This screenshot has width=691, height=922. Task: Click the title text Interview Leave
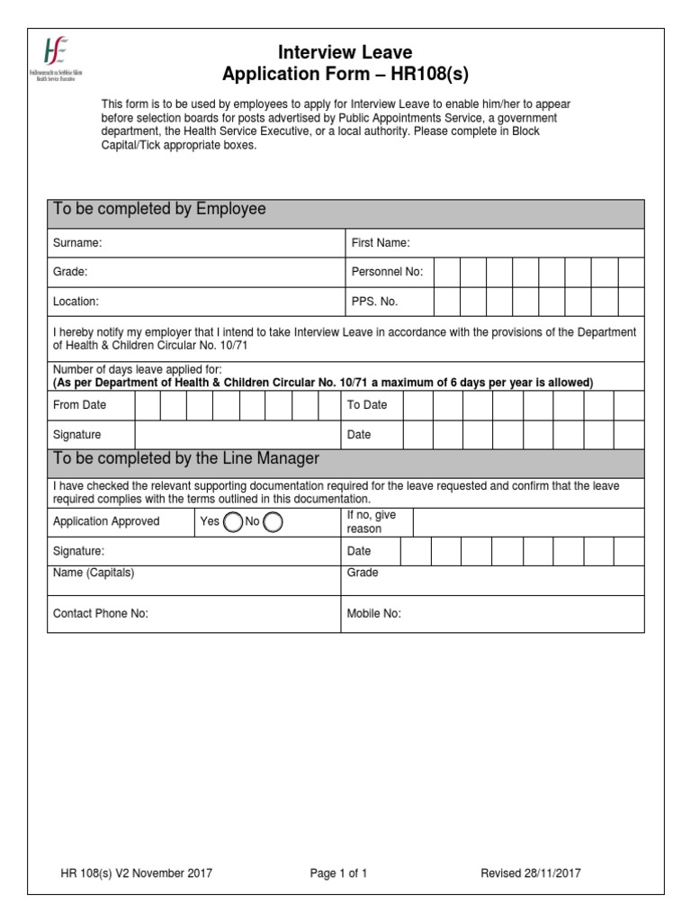point(345,53)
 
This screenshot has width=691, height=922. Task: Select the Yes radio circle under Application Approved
point(231,522)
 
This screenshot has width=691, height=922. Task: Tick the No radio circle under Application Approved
point(274,522)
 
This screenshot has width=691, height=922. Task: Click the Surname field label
point(77,243)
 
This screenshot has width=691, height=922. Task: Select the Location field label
point(76,302)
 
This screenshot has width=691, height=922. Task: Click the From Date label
point(80,405)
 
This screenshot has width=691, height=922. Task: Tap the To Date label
point(367,405)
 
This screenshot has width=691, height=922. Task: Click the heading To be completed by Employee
point(159,210)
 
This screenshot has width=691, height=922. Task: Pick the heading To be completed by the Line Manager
point(186,459)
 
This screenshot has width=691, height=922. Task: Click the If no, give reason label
point(370,522)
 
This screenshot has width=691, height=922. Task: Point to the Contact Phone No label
point(101,613)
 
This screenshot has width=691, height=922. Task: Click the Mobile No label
point(374,613)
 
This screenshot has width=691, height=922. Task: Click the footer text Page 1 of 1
point(338,873)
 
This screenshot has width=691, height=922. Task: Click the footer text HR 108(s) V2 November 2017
point(137,873)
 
